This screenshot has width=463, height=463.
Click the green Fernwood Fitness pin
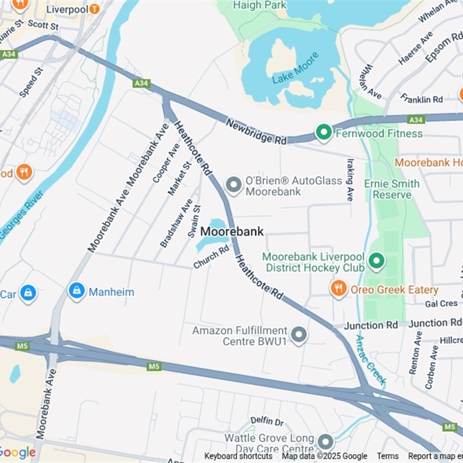(324, 134)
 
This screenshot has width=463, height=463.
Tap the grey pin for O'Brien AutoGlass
(233, 185)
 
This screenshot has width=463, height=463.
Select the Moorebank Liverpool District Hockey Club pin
(377, 261)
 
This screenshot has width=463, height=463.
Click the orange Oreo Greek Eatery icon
(339, 288)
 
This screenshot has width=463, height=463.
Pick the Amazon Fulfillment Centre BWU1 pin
(299, 335)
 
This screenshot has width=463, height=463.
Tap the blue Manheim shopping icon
(76, 291)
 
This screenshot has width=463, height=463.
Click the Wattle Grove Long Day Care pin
(325, 443)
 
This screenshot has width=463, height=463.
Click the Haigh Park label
(259, 5)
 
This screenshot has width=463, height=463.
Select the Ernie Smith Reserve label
(392, 189)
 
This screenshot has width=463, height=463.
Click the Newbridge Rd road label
(256, 131)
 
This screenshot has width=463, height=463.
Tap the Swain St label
(194, 221)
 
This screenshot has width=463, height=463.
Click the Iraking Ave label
(350, 179)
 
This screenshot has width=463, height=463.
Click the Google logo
(17, 452)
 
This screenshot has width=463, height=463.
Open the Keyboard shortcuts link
(238, 456)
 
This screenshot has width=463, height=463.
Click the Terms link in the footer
(387, 456)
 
